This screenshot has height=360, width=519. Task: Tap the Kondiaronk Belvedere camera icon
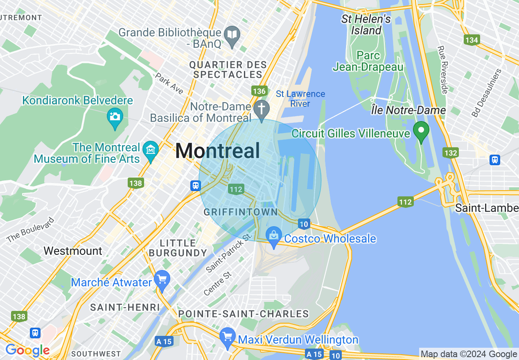pos(115,116)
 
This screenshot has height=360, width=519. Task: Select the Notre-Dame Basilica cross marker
pos(261,109)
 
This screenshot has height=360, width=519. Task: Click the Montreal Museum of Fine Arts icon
pos(151,149)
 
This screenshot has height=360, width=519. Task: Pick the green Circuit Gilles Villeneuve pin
pos(421,130)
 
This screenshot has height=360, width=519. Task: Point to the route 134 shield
pos(472,40)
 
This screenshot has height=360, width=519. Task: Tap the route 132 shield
pos(450,153)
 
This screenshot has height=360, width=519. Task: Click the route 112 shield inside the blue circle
pos(236,189)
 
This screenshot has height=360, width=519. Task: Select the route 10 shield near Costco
pos(303,224)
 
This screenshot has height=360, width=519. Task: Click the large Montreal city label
pos(217,151)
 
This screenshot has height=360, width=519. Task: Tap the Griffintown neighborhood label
pos(241,212)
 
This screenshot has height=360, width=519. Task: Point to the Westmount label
pos(73,250)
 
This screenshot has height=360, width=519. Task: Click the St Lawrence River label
pos(300,99)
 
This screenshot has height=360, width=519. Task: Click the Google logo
pos(27,350)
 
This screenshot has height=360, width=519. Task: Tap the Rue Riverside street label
pos(442,70)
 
